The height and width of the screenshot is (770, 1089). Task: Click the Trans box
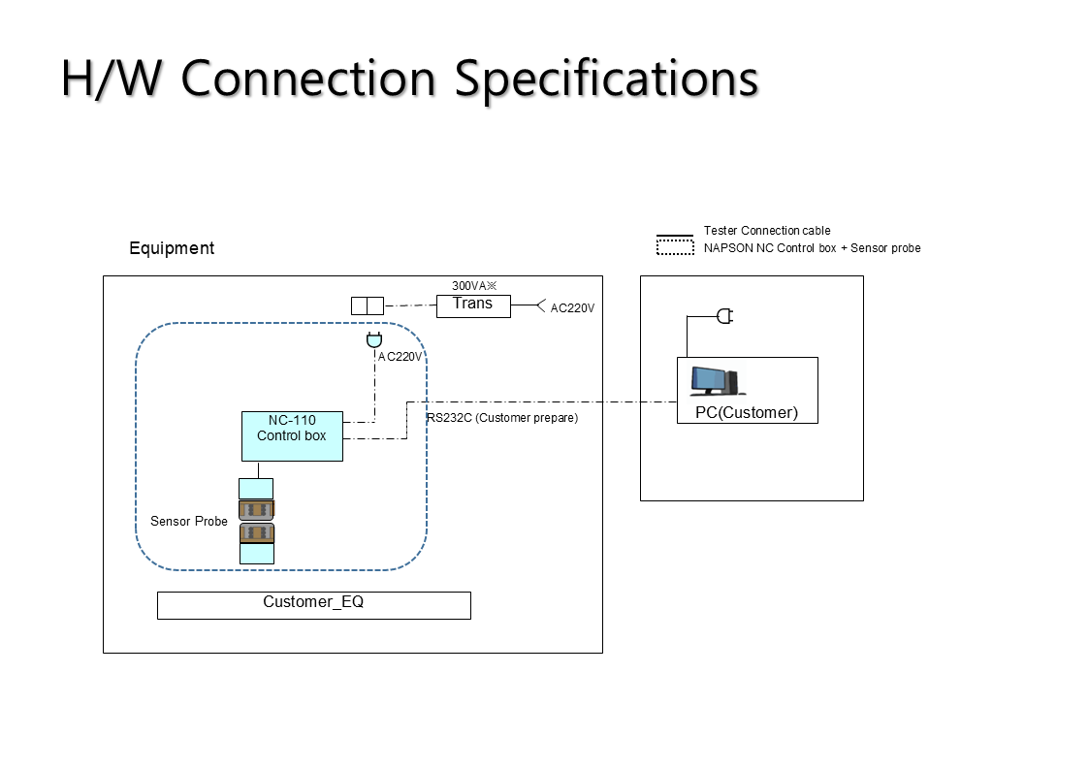473,306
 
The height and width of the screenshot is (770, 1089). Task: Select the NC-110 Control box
293,436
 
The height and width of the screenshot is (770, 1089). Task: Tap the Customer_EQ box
314,605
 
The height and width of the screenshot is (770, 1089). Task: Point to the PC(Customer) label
747,412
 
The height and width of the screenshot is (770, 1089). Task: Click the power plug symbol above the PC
725,316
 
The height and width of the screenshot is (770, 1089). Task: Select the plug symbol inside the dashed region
374,340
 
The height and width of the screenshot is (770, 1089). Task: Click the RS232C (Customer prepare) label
502,418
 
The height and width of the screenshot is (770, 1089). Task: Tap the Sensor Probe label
189,522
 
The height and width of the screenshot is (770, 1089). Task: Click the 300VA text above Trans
474,285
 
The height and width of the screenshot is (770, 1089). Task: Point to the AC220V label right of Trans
572,308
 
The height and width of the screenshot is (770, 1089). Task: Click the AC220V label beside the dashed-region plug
400,357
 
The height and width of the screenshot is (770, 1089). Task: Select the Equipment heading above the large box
172,248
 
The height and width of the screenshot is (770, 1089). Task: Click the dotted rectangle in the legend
675,247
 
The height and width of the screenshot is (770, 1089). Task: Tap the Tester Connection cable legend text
767,231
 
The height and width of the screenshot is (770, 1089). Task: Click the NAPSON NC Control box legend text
770,248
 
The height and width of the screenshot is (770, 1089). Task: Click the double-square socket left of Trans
368,306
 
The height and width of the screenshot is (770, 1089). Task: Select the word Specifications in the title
606,80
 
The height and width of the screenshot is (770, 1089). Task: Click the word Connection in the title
308,79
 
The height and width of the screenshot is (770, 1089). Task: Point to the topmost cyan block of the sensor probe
256,489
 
